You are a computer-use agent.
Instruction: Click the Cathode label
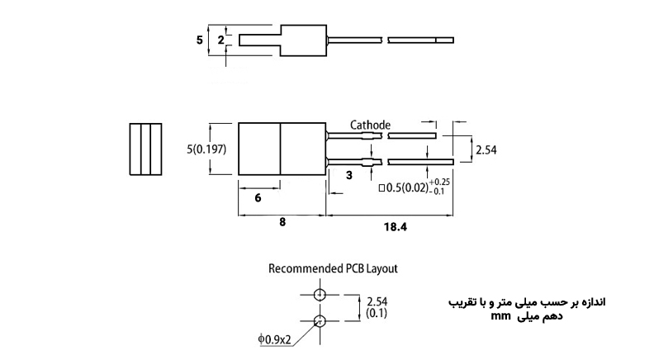(370, 125)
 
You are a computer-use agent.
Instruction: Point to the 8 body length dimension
(282, 224)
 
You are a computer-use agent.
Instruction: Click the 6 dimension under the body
(258, 199)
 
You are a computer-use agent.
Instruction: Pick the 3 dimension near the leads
(349, 175)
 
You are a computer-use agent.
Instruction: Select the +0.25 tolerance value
(439, 181)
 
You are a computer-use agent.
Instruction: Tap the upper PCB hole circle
(320, 294)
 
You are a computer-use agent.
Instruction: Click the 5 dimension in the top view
(200, 39)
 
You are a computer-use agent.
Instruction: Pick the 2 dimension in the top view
(220, 39)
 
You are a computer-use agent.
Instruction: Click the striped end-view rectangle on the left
(147, 149)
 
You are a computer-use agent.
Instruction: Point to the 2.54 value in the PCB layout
(377, 301)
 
